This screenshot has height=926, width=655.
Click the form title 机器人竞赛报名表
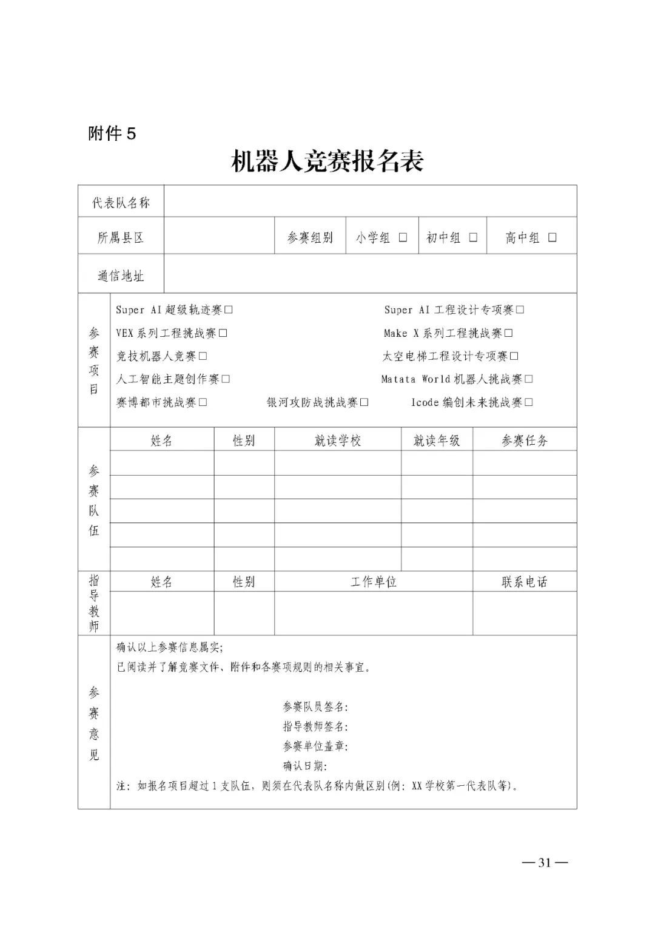tap(327, 161)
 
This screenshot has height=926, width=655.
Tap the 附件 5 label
tap(112, 133)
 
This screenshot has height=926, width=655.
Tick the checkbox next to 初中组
tap(473, 237)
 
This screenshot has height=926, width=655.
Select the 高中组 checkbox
tap(552, 237)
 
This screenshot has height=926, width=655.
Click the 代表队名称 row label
tap(121, 203)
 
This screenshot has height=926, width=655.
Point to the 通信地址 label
tap(121, 276)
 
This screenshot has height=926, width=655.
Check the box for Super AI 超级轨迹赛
tap(229, 310)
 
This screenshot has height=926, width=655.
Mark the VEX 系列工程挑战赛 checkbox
tap(223, 333)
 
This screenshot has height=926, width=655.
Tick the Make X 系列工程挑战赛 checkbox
tap(509, 333)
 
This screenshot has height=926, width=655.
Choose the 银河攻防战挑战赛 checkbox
tap(364, 402)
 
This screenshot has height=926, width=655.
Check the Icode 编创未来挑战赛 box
tap(529, 402)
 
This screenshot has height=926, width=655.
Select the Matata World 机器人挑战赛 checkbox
tap(529, 379)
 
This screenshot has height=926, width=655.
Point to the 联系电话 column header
tap(525, 582)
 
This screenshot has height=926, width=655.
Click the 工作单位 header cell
tap(373, 582)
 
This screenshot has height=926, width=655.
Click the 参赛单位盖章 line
tap(315, 746)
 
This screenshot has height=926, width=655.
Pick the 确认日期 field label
tap(305, 766)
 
